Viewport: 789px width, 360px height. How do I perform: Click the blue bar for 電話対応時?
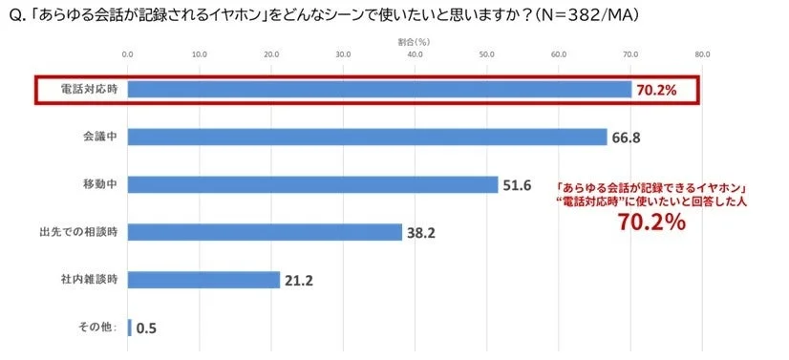coord(378,90)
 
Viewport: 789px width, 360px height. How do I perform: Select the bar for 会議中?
coord(367,138)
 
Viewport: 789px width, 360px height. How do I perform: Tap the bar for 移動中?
coord(312,184)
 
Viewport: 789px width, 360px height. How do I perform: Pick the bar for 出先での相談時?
coord(265,232)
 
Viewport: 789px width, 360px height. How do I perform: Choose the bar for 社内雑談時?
coord(203,280)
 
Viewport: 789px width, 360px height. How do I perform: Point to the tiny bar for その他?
coord(129,328)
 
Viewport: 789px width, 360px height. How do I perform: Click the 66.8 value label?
coord(626,138)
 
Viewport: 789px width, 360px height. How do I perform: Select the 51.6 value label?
coord(517,184)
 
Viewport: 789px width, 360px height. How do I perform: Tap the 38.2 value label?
coord(421,232)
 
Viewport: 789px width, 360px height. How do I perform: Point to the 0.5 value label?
coord(146,328)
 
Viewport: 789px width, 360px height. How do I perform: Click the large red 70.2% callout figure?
coord(651,222)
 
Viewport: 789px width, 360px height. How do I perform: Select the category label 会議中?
coord(99,138)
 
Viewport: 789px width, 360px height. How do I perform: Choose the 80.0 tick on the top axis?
coord(702,54)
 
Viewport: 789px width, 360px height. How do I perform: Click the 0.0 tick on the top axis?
coord(128,54)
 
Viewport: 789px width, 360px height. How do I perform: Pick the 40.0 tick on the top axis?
coord(415,54)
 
